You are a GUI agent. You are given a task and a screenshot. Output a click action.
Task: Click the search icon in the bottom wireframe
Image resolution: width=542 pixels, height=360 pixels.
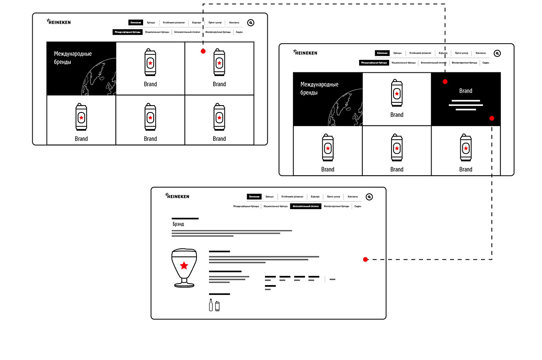click(369, 197)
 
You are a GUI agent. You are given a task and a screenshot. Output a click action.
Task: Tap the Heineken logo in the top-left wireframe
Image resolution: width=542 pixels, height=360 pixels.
click(59, 22)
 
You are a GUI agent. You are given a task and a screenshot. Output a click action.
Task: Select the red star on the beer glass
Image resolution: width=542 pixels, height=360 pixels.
click(184, 265)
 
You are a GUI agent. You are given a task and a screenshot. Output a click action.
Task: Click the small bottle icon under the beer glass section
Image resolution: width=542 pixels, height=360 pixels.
click(211, 305)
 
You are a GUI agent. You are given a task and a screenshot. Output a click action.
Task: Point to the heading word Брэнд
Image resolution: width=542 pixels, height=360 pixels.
click(178, 224)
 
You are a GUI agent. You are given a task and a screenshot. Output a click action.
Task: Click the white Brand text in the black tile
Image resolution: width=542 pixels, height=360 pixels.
click(466, 91)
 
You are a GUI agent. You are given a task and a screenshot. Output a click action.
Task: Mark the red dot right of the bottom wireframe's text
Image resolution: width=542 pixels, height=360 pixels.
click(365, 259)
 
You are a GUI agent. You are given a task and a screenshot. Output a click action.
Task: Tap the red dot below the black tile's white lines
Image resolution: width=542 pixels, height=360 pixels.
click(492, 118)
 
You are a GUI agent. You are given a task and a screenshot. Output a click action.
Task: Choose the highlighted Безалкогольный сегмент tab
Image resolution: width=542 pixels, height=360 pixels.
click(306, 206)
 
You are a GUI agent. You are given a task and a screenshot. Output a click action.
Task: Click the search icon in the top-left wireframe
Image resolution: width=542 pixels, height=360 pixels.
click(251, 23)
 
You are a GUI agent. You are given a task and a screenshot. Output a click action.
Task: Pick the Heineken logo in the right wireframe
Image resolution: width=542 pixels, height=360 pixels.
click(305, 53)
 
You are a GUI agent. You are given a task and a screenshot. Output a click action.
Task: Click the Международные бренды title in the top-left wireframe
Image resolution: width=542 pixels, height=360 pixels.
click(73, 58)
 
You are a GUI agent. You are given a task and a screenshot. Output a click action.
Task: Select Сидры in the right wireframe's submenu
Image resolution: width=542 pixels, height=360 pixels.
click(486, 63)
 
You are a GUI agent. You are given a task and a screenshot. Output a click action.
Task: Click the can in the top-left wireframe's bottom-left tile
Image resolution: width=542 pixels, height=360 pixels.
click(81, 117)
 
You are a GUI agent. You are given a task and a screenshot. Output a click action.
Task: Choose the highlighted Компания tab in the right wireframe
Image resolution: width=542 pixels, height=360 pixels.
click(382, 53)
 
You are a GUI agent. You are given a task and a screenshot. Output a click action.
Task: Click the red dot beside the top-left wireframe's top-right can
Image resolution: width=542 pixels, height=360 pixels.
click(203, 51)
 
